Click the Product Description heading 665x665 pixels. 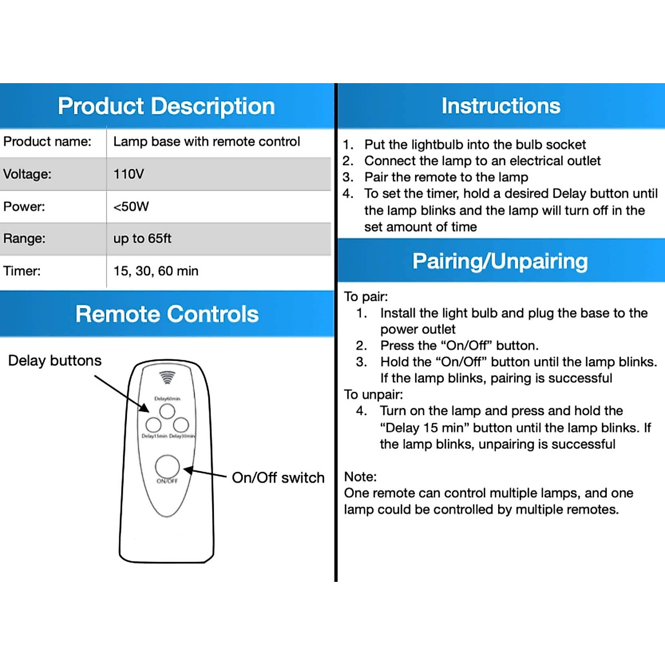click(166, 106)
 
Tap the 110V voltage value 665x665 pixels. click(129, 174)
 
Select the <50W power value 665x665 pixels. click(131, 207)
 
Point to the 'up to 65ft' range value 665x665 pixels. click(142, 239)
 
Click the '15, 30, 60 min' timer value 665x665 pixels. click(156, 271)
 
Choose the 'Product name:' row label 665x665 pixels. click(47, 142)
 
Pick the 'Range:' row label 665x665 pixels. click(24, 239)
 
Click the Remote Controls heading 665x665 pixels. click(167, 314)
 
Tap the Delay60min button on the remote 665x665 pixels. click(167, 411)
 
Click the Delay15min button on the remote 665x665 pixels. click(154, 425)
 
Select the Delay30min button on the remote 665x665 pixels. click(181, 425)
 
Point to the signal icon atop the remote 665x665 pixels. click(167, 377)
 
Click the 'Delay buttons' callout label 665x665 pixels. click(55, 361)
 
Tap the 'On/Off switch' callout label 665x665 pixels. click(278, 478)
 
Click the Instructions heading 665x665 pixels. click(501, 106)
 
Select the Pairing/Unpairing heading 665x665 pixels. click(500, 261)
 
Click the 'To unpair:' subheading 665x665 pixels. click(374, 395)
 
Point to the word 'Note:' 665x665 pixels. click(360, 477)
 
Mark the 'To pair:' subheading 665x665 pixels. click(366, 296)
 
